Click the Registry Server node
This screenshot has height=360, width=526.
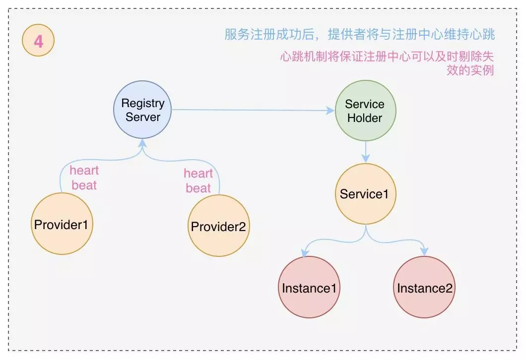pyautogui.click(x=143, y=110)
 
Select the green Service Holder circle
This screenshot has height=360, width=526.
pyautogui.click(x=365, y=111)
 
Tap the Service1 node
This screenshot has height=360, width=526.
pyautogui.click(x=365, y=194)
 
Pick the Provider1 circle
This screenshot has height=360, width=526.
pyautogui.click(x=62, y=224)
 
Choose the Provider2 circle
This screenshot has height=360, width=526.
pyautogui.click(x=218, y=226)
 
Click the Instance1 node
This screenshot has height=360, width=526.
pyautogui.click(x=309, y=288)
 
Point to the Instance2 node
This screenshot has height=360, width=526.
pyautogui.click(x=425, y=288)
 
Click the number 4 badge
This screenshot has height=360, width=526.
pyautogui.click(x=38, y=41)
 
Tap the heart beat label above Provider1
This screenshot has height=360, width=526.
pyautogui.click(x=84, y=178)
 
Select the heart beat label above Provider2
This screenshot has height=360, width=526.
pyautogui.click(x=198, y=180)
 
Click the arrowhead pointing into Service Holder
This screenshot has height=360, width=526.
pyautogui.click(x=330, y=111)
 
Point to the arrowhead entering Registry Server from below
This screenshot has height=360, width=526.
pyautogui.click(x=143, y=142)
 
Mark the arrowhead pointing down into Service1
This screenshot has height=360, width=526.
pyautogui.click(x=365, y=158)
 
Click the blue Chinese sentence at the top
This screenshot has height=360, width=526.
pyautogui.click(x=359, y=35)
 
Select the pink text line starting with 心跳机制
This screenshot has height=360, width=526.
pyautogui.click(x=387, y=56)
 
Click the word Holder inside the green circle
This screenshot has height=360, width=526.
pyautogui.click(x=365, y=118)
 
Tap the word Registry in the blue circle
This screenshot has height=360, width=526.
pyautogui.click(x=143, y=103)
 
